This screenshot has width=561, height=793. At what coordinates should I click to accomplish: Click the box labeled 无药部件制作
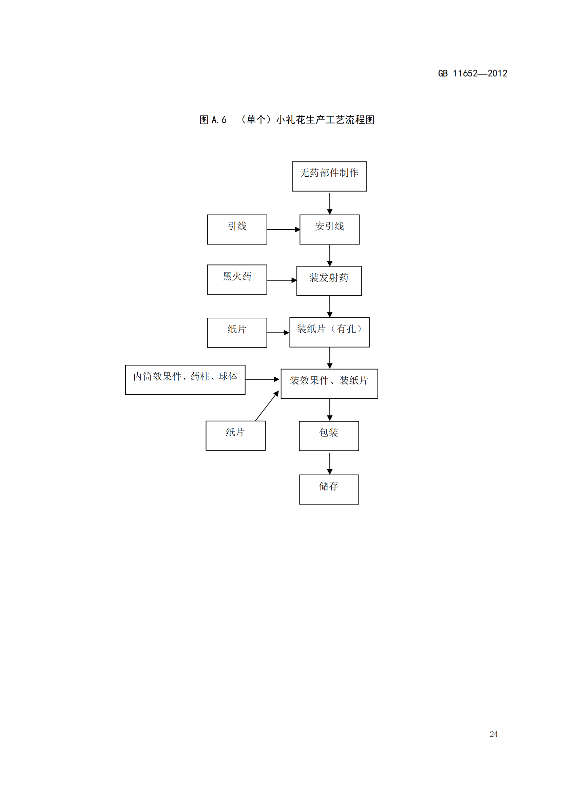[329, 176]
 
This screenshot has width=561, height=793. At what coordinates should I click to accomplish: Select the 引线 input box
[237, 229]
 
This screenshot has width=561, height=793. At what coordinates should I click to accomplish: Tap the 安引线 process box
[329, 229]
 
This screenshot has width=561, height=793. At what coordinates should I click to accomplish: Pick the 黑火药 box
[237, 279]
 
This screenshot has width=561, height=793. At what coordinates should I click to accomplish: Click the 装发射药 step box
[329, 281]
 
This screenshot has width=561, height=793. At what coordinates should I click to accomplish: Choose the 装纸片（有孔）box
[329, 332]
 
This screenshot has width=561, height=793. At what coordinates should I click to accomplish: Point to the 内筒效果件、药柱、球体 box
[185, 380]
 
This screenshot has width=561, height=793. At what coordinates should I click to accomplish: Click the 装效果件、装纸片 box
[329, 384]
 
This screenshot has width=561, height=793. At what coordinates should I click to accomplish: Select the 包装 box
[329, 436]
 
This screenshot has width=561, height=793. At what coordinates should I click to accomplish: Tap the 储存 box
[329, 490]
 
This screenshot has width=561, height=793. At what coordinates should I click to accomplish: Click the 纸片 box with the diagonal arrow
[236, 436]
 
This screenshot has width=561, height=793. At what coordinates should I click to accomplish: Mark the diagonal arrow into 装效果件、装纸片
[267, 406]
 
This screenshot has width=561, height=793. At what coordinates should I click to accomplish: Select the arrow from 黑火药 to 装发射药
[282, 280]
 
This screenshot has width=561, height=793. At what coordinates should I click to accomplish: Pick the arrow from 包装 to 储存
[330, 463]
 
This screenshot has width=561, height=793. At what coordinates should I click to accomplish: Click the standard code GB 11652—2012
[472, 73]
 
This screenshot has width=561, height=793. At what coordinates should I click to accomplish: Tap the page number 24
[494, 734]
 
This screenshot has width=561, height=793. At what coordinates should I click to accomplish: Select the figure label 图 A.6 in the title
[213, 120]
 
